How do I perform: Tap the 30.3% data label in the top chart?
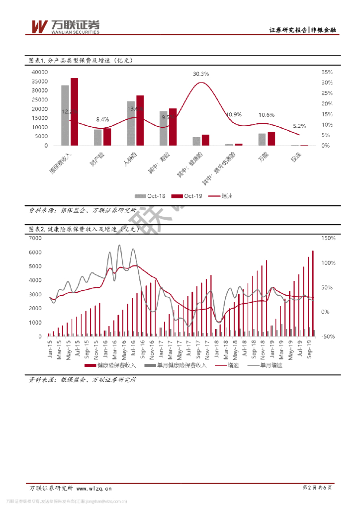[x=201, y=74]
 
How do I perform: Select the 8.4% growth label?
[x=102, y=119]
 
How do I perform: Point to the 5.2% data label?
[x=300, y=126]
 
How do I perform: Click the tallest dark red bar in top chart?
[x=74, y=112]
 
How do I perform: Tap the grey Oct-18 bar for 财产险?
[x=98, y=137]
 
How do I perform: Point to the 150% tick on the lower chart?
[x=329, y=239]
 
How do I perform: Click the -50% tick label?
[x=329, y=337]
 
